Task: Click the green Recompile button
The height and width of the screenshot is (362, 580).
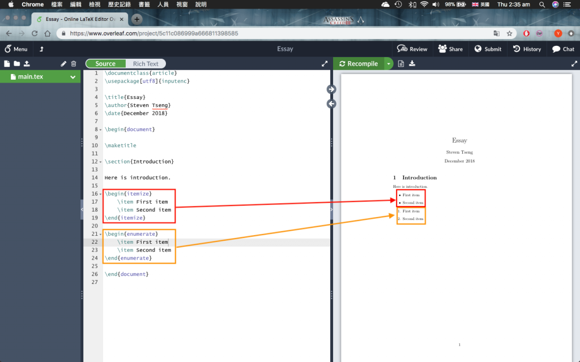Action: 359,64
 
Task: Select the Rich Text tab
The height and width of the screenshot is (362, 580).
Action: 146,64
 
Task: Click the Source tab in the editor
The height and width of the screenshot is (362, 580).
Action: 105,64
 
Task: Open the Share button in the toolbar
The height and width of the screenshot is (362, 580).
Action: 450,49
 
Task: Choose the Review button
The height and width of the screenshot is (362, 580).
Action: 412,49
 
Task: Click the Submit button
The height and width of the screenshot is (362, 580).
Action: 488,49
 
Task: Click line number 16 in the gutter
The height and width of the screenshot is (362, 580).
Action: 95,194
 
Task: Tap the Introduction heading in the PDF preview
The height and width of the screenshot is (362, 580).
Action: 419,178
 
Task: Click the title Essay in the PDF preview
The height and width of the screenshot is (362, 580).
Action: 459,140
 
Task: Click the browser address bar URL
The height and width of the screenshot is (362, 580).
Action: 154,33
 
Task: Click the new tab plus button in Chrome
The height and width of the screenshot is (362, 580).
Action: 137,19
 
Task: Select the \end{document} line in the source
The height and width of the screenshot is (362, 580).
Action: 126,274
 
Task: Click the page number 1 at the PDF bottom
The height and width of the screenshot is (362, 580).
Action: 459,344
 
